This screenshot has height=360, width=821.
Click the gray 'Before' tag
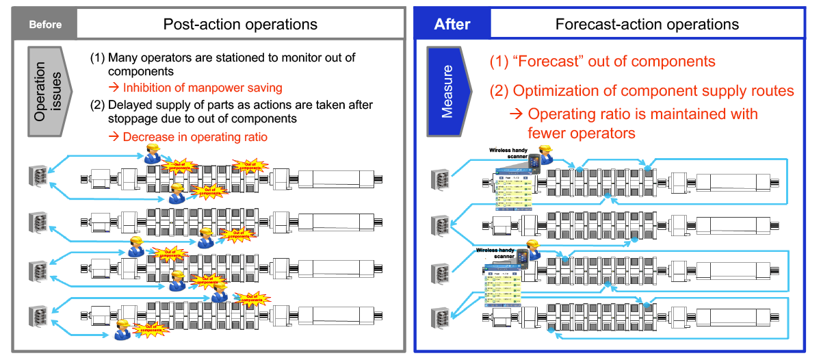(45, 25)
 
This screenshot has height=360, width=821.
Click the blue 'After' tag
(452, 25)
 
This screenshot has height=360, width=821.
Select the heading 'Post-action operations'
(240, 25)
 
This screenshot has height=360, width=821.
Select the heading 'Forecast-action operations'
(647, 25)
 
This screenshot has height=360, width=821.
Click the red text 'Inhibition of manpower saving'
(203, 88)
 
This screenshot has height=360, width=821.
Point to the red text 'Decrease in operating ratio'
(195, 137)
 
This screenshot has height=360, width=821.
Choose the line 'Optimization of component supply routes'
(653, 91)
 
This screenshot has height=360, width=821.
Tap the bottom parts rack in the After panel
(439, 318)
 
